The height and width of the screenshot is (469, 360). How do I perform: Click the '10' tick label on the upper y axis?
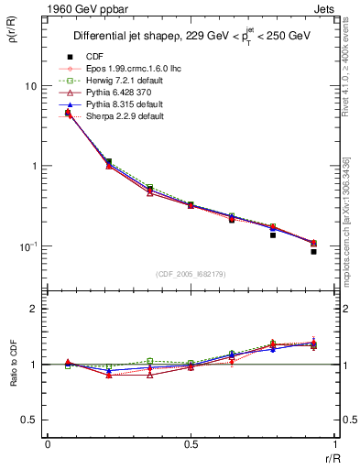(x=30, y=86)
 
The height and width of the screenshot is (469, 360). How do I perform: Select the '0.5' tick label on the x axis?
(x=191, y=444)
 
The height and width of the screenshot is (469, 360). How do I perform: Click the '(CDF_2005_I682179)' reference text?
(x=191, y=274)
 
